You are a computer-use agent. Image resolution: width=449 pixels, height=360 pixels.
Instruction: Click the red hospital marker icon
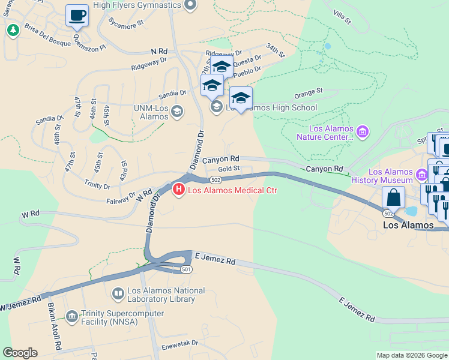pos(178,191)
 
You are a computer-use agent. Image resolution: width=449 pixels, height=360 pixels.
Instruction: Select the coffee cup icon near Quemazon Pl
pos(77,16)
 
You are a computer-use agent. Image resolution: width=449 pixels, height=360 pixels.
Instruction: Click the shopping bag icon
pos(393,197)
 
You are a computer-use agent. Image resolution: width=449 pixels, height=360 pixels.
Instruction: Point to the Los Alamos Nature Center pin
pos(362,131)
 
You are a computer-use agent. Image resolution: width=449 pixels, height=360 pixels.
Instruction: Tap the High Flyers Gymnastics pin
pos(190,5)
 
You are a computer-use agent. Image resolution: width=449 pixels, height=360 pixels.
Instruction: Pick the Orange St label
pos(309,93)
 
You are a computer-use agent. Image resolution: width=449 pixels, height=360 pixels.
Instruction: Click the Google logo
pos(20,353)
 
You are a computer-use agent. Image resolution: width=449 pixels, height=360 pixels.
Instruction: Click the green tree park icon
pos(12,29)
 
